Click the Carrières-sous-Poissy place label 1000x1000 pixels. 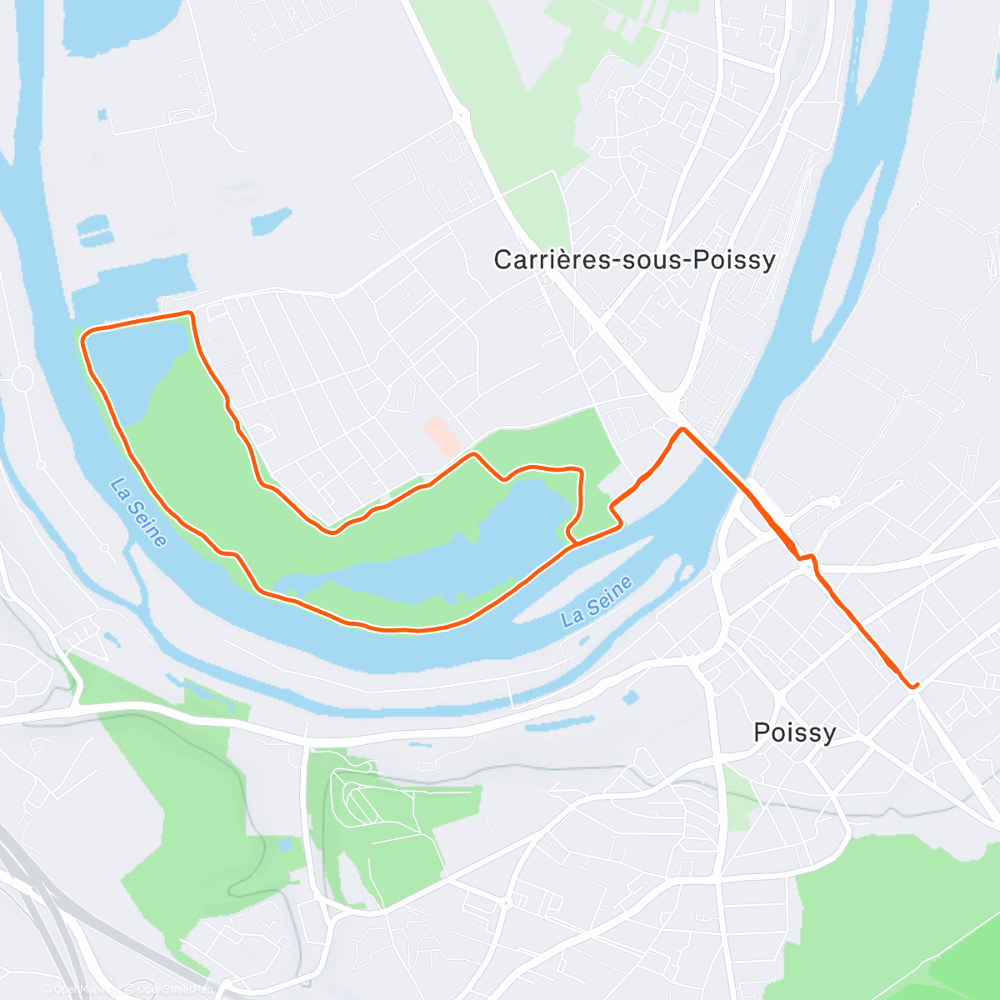pyautogui.click(x=634, y=260)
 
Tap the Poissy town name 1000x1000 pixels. pyautogui.click(x=794, y=732)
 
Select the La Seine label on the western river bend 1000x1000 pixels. pyautogui.click(x=138, y=512)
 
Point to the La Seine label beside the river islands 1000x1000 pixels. pyautogui.click(x=597, y=601)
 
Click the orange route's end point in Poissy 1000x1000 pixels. pyautogui.click(x=914, y=686)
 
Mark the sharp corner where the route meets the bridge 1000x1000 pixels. pyautogui.click(x=682, y=429)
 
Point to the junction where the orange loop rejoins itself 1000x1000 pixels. pyautogui.click(x=575, y=542)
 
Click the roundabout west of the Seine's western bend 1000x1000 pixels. pyautogui.click(x=22, y=379)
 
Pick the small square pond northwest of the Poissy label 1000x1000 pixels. pyautogui.click(x=631, y=697)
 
